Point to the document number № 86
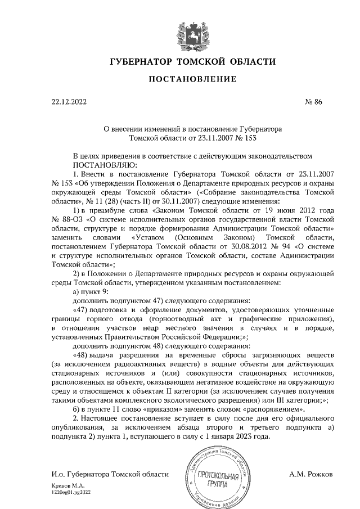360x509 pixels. [x=314, y=103]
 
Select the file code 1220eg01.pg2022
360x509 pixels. [x=73, y=492]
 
